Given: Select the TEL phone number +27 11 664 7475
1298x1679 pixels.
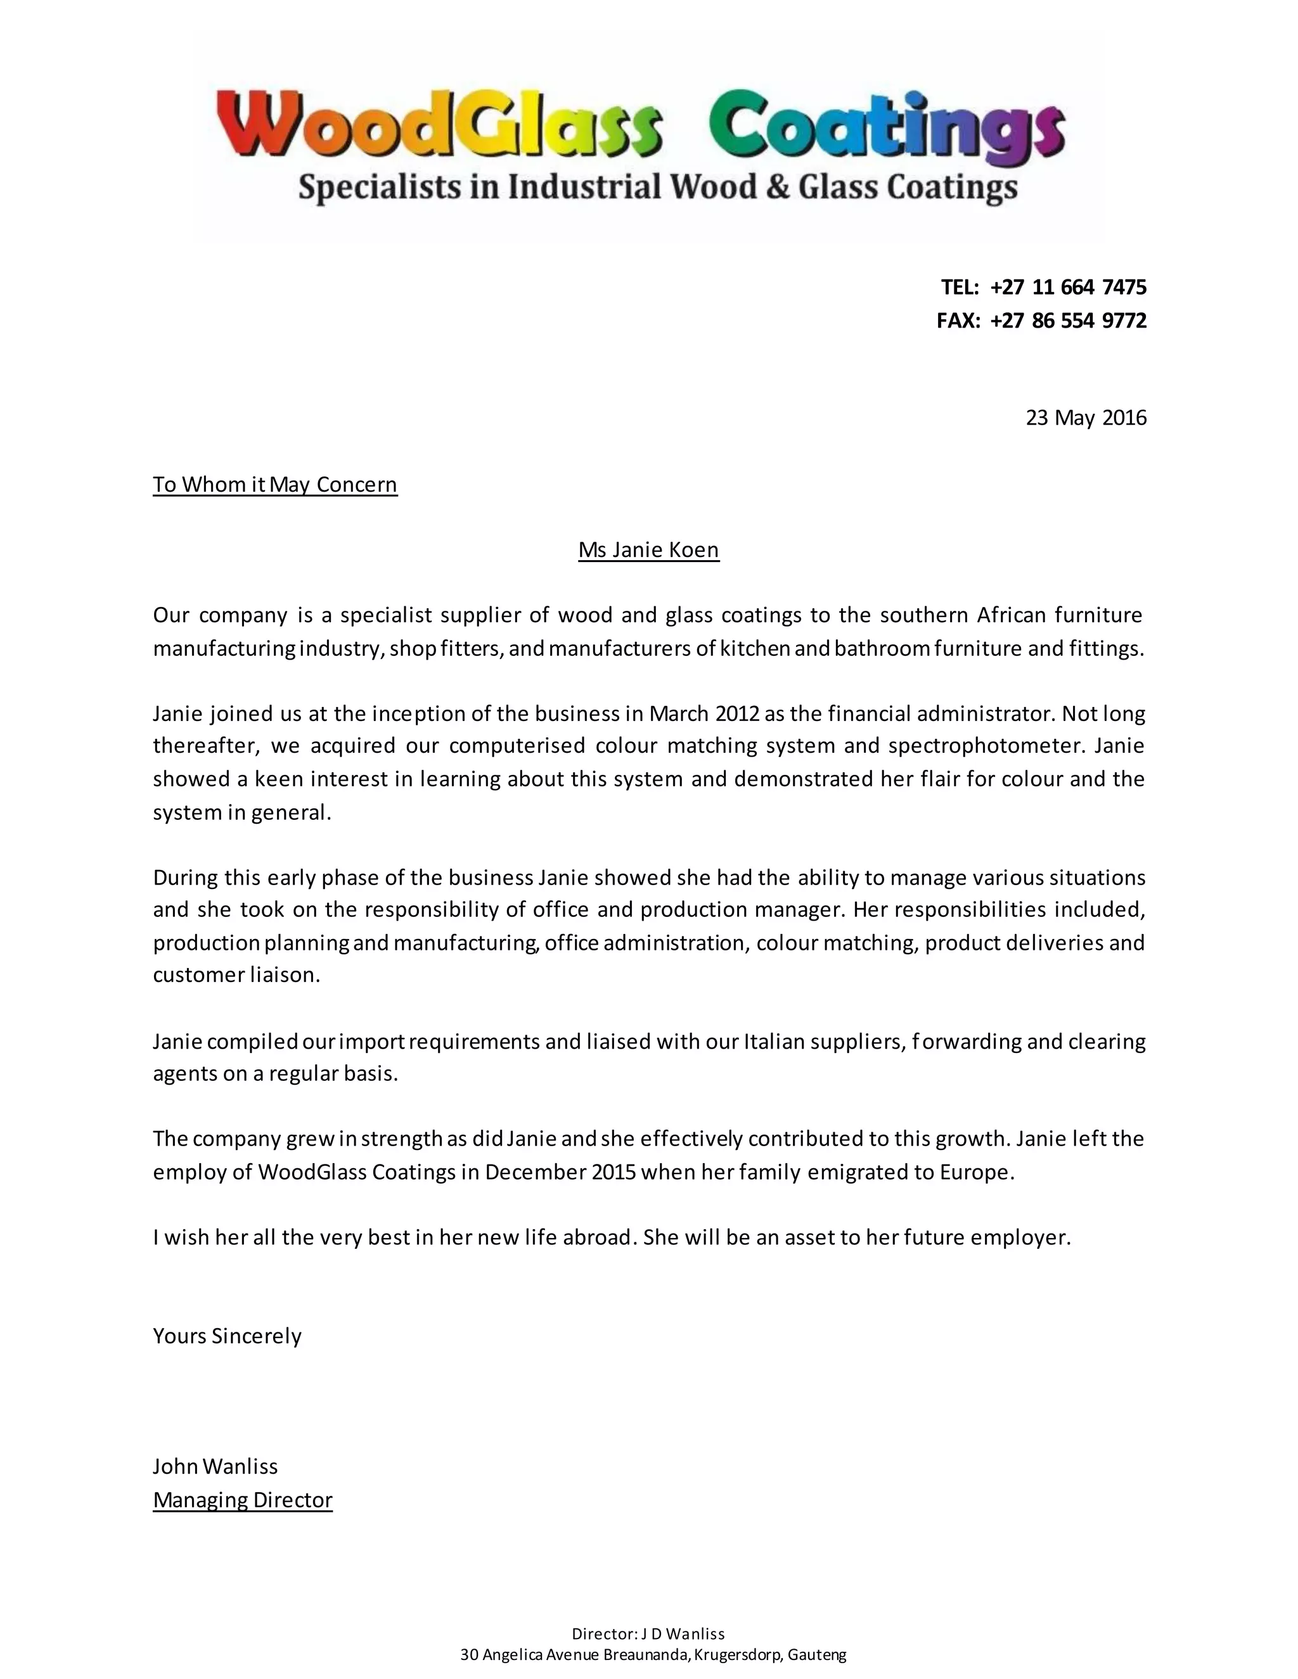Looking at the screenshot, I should point(1068,288).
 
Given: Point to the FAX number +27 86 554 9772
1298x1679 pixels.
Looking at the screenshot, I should point(1068,321).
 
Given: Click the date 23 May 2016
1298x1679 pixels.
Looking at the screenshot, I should point(1085,418).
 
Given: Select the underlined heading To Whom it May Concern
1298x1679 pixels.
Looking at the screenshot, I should point(275,485).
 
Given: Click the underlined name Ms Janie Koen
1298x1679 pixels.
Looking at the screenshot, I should point(648,551).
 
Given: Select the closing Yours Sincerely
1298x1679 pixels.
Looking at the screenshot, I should point(227,1336).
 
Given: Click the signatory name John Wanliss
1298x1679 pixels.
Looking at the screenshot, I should point(215,1467).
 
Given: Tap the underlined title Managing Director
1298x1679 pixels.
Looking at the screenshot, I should point(242,1500).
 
